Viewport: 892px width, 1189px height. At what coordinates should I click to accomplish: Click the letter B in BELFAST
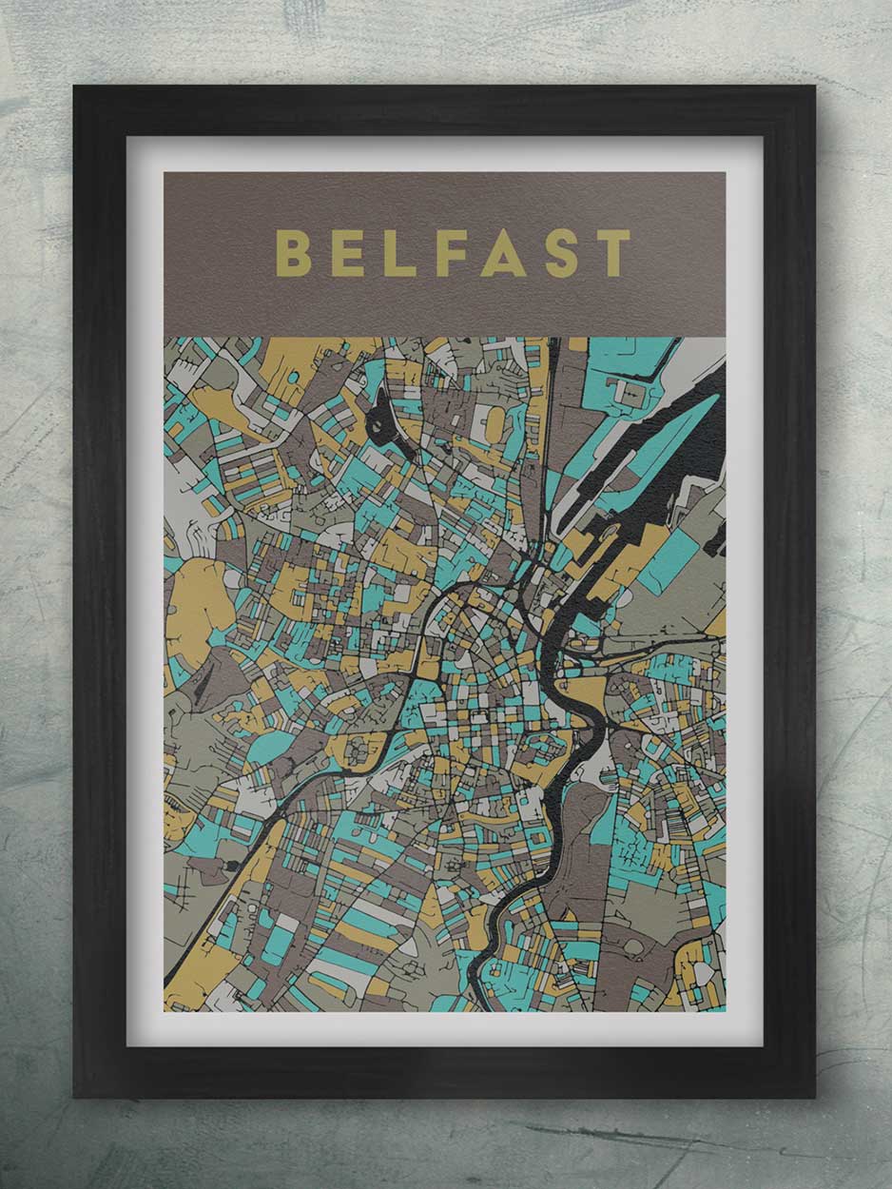coord(293,253)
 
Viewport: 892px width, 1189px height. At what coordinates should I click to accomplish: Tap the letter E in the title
coord(348,253)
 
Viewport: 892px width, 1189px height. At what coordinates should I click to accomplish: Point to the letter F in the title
coord(451,253)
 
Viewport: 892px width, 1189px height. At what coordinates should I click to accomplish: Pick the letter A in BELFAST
coord(503,253)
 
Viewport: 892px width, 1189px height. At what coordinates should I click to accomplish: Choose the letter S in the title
coord(562,253)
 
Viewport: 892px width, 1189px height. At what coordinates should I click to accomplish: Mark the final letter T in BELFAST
coord(612,253)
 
